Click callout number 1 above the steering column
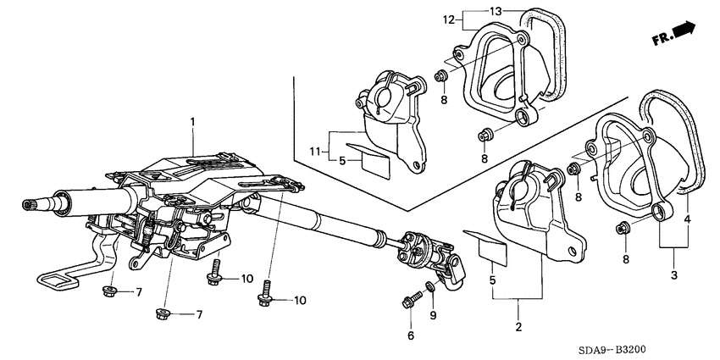(x=193, y=123)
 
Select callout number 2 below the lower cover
(x=518, y=327)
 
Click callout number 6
(x=411, y=335)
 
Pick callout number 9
(x=433, y=316)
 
